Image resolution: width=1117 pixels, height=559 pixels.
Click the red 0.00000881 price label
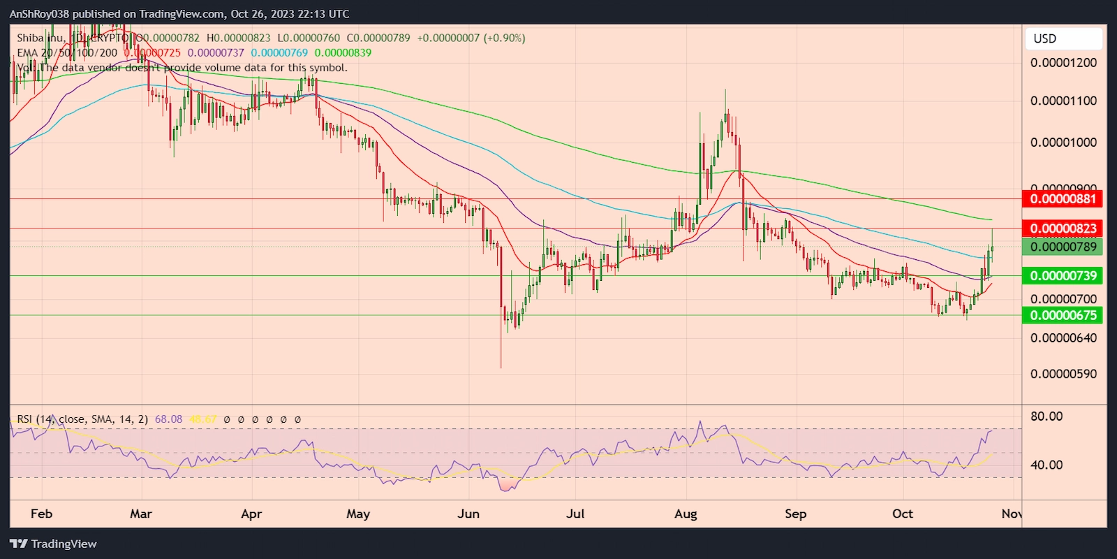tap(1063, 199)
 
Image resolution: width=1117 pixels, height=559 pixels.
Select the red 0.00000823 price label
tap(1063, 228)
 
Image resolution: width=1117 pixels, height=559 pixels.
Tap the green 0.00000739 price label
tap(1063, 276)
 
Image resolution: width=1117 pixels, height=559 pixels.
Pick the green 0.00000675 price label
tap(1063, 315)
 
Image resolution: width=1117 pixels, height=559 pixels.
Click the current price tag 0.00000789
tap(1063, 247)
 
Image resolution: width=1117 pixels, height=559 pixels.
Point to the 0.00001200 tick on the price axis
tap(1063, 63)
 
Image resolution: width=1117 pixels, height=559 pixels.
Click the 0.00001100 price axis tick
tap(1063, 101)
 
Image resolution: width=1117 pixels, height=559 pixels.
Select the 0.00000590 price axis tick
tap(1063, 374)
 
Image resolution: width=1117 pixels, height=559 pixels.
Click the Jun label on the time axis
tap(468, 514)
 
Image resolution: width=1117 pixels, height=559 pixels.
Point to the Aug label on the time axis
tap(686, 514)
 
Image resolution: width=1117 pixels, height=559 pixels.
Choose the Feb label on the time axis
tap(41, 514)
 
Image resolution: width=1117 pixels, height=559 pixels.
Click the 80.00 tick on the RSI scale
tap(1046, 416)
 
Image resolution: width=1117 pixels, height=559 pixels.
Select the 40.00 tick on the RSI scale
tap(1046, 465)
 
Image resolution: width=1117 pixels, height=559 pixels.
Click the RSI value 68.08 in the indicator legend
tap(168, 419)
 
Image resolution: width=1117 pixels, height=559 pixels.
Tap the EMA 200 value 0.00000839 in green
tap(343, 52)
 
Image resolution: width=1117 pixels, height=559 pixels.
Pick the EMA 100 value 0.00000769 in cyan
tap(279, 52)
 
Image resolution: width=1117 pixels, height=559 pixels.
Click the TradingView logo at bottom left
tap(54, 544)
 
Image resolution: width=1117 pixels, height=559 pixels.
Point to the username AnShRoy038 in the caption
tap(39, 14)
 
